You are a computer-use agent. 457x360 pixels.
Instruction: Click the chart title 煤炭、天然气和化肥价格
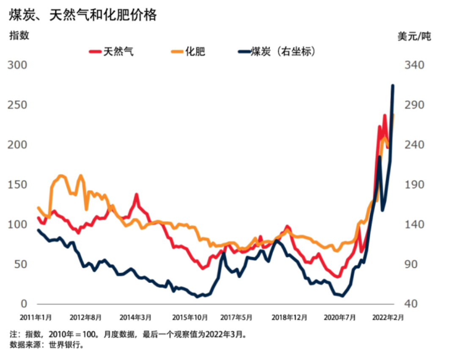point(83,15)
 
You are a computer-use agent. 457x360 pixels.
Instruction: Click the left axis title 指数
point(19,36)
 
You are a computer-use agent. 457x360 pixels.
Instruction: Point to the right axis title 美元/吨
point(414,36)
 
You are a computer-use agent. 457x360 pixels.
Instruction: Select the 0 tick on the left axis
point(24,304)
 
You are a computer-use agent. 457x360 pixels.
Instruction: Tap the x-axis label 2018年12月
point(289,317)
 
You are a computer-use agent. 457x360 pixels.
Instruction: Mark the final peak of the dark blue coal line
point(393,86)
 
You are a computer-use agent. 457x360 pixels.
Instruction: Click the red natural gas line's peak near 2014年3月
point(136,195)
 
